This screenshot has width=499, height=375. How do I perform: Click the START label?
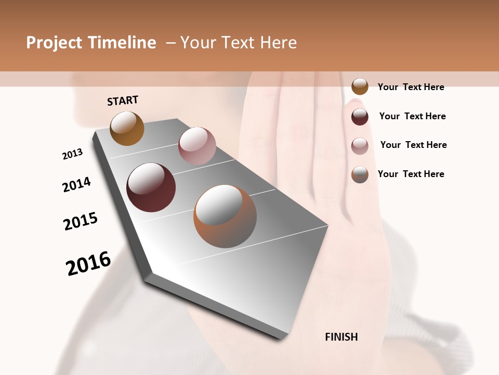point(123,101)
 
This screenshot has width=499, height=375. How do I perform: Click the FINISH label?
point(341,337)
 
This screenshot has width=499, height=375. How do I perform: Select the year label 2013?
point(72,154)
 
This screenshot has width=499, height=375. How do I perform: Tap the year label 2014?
point(76,185)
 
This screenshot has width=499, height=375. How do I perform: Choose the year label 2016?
point(88,263)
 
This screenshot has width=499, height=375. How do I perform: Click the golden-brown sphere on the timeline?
point(127,128)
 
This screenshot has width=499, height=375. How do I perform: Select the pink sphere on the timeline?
point(197,146)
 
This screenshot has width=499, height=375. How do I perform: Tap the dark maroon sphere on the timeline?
point(151,187)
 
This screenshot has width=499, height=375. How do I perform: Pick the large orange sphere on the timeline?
point(225,216)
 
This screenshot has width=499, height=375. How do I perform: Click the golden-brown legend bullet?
point(360,86)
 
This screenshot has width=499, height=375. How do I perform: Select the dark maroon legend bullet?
point(360,116)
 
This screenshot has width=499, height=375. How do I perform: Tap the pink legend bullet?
point(360,145)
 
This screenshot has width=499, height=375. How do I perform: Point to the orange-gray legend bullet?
point(360,174)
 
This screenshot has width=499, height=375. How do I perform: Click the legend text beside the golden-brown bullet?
point(411,87)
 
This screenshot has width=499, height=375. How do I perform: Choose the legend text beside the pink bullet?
point(413,145)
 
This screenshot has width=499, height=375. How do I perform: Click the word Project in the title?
point(54,43)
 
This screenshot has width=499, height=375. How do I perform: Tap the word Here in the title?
point(278,43)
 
